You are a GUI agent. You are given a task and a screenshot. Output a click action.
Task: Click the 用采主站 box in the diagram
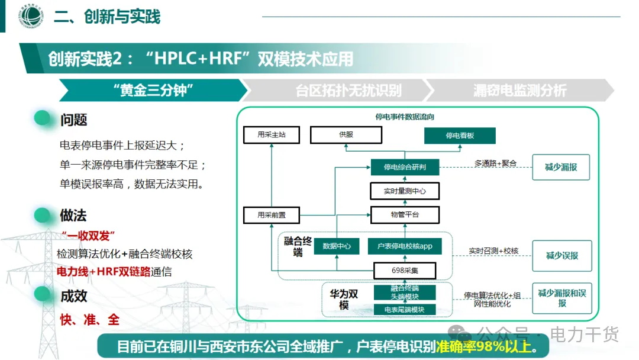point(272,135)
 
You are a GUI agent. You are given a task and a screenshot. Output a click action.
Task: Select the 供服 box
point(346,135)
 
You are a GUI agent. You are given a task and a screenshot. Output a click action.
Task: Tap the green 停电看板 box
point(460,136)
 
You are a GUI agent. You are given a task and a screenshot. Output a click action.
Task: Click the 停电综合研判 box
point(405,168)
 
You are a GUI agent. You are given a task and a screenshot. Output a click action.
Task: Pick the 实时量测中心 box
point(405,191)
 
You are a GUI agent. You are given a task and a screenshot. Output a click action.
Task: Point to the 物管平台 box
point(405,214)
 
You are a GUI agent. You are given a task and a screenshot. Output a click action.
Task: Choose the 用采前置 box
point(272,215)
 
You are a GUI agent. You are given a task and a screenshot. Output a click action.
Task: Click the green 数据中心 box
point(336,246)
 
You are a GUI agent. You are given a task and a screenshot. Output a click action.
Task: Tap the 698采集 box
point(405,271)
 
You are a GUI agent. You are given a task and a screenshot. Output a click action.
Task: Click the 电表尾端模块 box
point(405,310)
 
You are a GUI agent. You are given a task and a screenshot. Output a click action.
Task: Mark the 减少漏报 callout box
point(561,168)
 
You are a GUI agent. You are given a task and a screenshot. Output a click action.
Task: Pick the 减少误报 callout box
point(561,256)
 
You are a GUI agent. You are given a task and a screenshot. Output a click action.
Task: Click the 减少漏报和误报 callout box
point(561,298)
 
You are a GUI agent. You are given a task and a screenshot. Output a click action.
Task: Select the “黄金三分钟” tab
point(153,91)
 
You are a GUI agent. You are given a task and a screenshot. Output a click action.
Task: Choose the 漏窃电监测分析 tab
point(519,91)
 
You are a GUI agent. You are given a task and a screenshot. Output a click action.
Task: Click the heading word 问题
point(73,120)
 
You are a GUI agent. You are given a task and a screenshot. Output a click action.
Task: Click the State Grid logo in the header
point(29,16)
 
